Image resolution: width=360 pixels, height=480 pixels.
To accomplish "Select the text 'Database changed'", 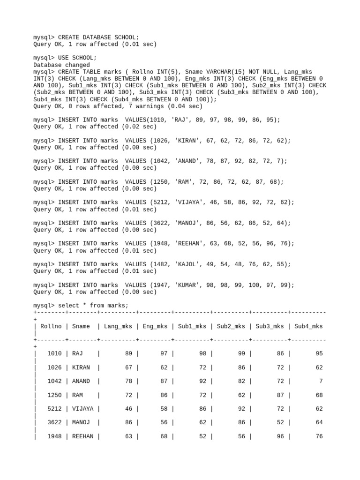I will click(61, 65).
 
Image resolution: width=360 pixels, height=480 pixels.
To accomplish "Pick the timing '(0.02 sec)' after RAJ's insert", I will click(139, 127).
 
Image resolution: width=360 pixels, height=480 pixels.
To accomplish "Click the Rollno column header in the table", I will click(51, 326).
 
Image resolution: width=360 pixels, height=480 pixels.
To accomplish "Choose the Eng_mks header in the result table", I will click(155, 326).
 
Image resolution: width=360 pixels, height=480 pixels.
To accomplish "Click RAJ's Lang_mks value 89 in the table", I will click(128, 353).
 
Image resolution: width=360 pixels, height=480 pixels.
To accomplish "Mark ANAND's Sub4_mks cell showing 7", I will click(321, 381).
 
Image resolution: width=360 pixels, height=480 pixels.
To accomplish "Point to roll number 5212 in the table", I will click(54, 409).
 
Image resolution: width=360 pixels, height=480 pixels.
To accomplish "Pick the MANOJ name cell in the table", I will click(81, 422).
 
